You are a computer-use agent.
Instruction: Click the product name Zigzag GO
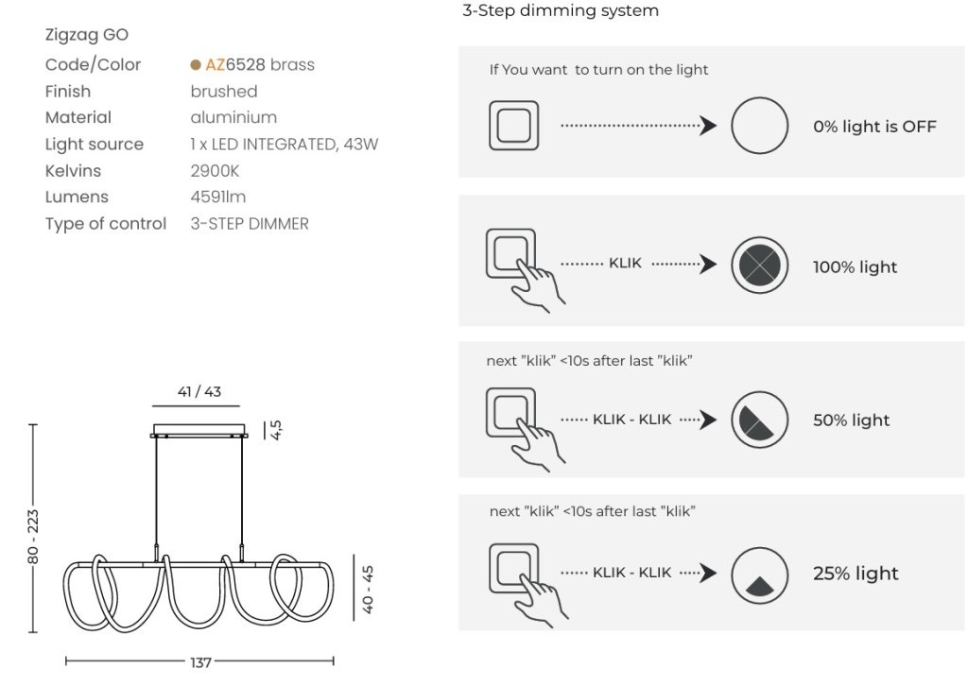(86, 35)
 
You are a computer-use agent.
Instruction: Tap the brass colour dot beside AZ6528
(196, 65)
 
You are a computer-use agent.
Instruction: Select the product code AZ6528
(235, 64)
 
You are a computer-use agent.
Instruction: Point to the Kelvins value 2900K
(215, 171)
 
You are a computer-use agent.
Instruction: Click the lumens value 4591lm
(218, 197)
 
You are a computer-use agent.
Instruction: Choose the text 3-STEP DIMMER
(250, 223)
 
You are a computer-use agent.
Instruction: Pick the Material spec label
(78, 117)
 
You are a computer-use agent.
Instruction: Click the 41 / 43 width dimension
(199, 391)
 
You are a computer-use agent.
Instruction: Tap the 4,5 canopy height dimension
(276, 430)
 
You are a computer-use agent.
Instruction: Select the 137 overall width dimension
(200, 662)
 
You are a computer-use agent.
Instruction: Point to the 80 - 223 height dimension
(33, 536)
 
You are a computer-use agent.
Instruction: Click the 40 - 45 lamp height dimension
(368, 589)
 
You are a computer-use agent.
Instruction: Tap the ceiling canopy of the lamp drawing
(199, 431)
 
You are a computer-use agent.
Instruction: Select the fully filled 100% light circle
(759, 266)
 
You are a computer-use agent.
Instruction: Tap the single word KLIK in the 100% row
(625, 264)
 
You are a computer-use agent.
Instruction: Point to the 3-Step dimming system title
(561, 10)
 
